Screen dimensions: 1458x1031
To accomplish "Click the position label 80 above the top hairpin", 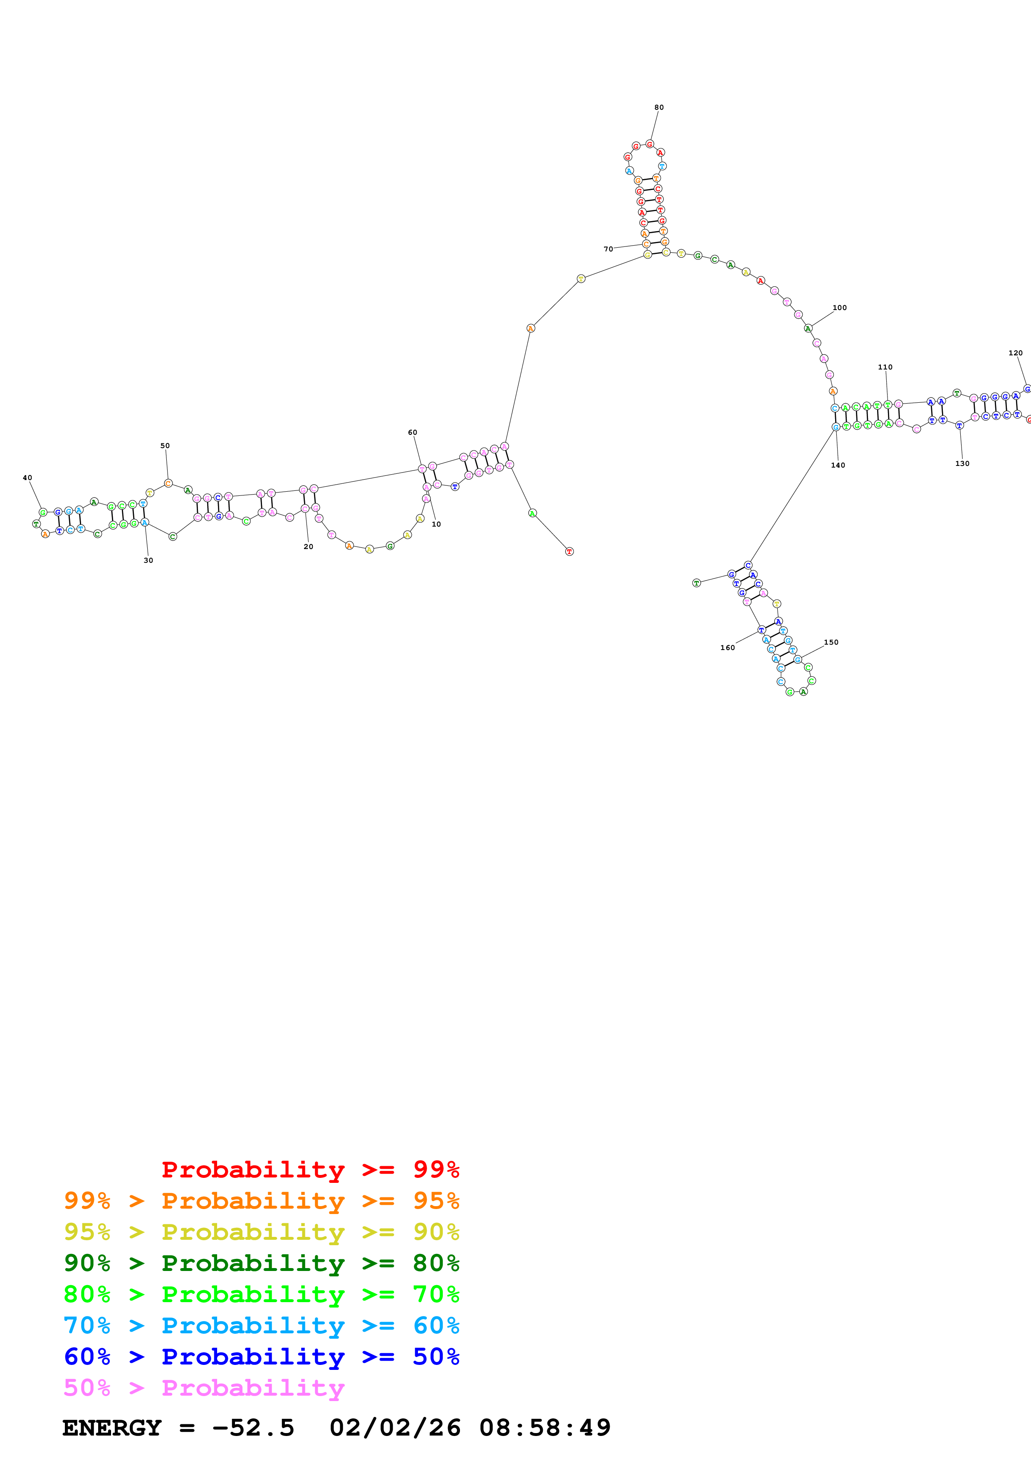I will click(659, 107).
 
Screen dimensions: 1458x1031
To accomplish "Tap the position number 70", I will click(608, 249).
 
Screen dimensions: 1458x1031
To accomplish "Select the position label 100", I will click(839, 307).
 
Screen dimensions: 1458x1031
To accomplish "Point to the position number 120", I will click(1015, 353).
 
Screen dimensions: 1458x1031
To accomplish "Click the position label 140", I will click(838, 465).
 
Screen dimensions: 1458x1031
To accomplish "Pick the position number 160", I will click(727, 648).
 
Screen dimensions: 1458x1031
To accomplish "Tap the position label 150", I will click(831, 642).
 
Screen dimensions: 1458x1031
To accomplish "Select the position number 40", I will click(27, 478).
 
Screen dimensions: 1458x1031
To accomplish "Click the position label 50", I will click(165, 446).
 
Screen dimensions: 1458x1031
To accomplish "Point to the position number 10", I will click(436, 524).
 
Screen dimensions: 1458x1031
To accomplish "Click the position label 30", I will click(148, 560).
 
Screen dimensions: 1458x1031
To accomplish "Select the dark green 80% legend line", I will click(261, 1263).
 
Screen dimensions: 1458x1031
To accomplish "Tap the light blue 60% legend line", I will click(261, 1325).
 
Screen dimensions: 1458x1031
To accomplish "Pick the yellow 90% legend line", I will click(261, 1232).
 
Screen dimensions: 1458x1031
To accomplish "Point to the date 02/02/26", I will click(395, 1428).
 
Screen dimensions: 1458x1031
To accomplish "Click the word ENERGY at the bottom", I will click(112, 1428).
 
